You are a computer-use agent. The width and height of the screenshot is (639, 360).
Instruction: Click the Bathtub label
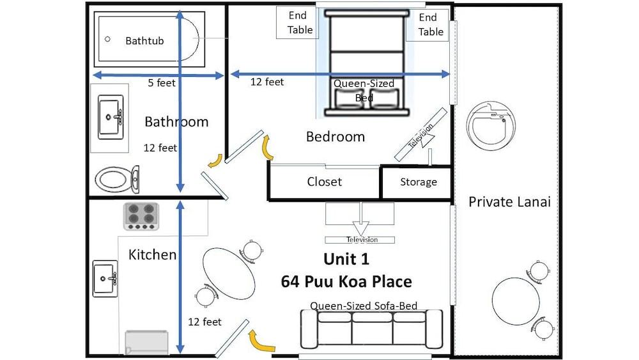(144, 41)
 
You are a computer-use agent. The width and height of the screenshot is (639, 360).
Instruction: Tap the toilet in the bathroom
(118, 179)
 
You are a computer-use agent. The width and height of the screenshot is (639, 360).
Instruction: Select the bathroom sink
(111, 118)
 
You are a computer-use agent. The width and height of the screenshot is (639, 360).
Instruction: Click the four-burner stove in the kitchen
(141, 217)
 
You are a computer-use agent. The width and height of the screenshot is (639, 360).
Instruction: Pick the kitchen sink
(105, 278)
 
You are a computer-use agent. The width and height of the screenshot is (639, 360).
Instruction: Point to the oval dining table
(229, 274)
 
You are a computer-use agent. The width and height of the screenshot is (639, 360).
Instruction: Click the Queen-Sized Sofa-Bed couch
(371, 329)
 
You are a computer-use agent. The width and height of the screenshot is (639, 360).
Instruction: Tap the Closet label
(325, 182)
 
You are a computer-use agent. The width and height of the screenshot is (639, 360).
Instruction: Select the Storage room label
(419, 182)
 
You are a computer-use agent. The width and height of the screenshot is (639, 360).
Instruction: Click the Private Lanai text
(509, 202)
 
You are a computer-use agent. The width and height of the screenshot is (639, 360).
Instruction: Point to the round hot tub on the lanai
(491, 126)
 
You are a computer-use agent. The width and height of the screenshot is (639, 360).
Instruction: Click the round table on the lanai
(516, 301)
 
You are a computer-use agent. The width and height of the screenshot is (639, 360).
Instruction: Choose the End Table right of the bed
(427, 25)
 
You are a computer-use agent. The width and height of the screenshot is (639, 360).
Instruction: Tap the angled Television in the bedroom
(421, 134)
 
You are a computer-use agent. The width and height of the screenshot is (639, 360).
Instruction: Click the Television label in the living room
(362, 240)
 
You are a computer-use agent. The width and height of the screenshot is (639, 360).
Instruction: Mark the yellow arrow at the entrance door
(261, 341)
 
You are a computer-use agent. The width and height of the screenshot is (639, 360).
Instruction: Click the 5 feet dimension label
(162, 83)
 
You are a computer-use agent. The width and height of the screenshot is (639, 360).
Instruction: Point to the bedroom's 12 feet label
(267, 82)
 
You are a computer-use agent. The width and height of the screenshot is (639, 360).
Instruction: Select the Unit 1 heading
(346, 260)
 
